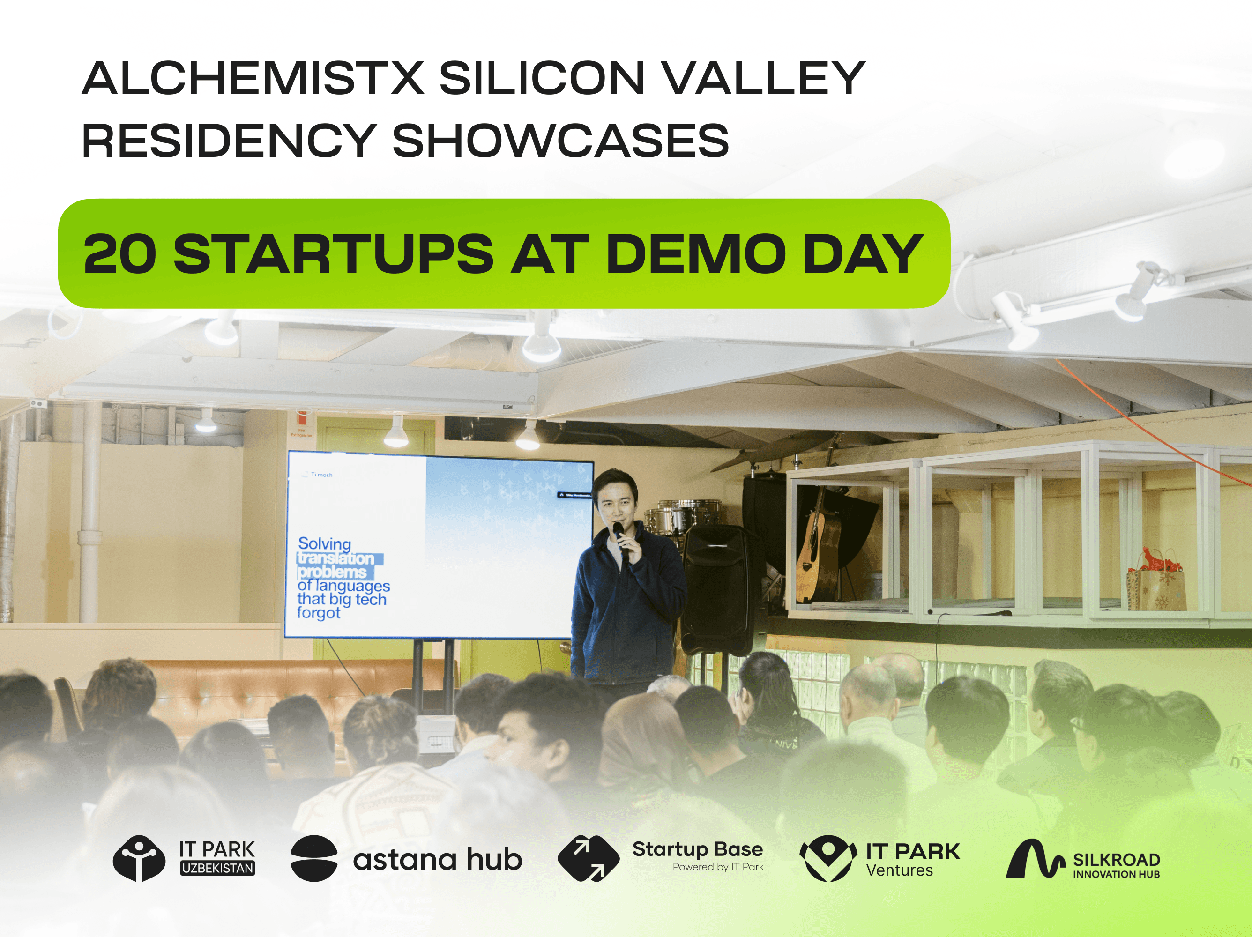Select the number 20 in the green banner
tap(120, 254)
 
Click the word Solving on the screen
tap(324, 544)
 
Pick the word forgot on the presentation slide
tap(319, 613)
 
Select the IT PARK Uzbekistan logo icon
tap(139, 858)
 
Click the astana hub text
tap(437, 860)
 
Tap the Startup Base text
tap(697, 850)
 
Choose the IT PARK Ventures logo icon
tap(827, 858)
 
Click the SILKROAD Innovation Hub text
tap(1116, 864)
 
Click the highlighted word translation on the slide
tap(337, 558)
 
